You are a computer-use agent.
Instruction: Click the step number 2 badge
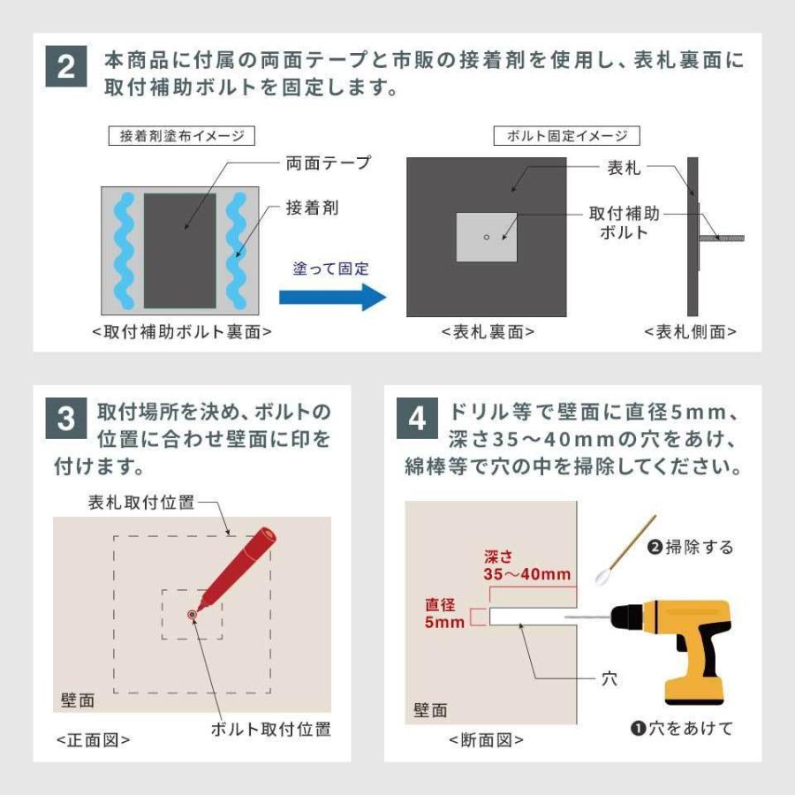[x=65, y=68]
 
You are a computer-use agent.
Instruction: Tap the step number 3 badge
[x=65, y=419]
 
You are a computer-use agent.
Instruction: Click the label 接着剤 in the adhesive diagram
[x=312, y=208]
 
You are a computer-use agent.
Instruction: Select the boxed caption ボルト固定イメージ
[x=567, y=136]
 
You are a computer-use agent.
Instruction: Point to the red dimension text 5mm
[x=444, y=622]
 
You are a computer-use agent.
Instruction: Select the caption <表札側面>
[x=691, y=332]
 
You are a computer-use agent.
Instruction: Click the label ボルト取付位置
[x=270, y=729]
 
